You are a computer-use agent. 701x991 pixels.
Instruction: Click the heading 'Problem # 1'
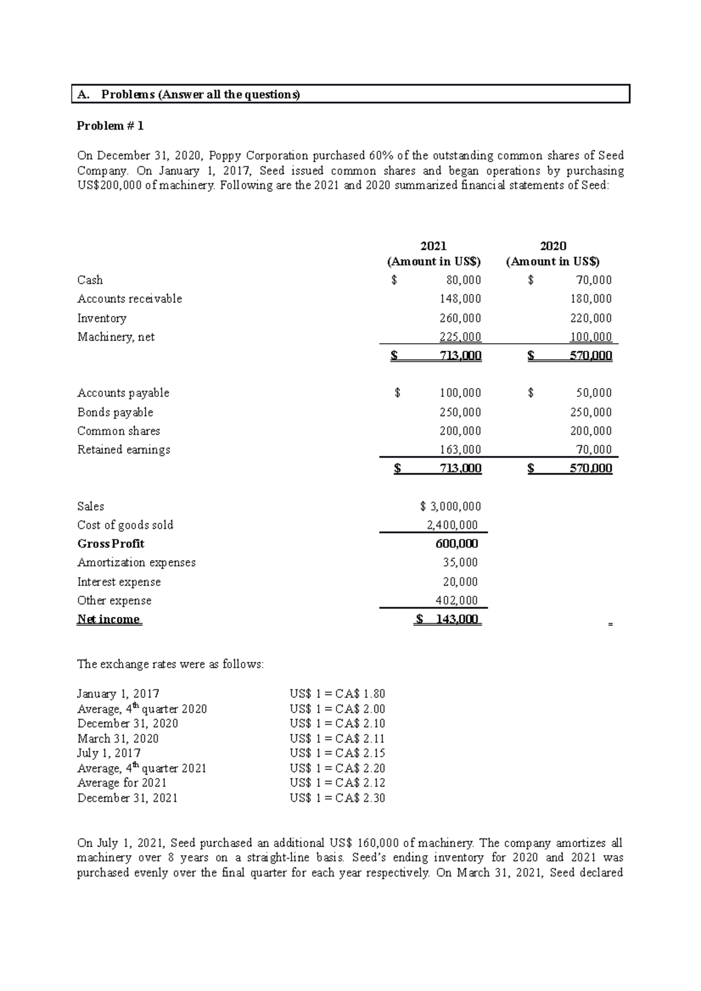click(110, 126)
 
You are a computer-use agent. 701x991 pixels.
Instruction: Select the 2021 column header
click(433, 246)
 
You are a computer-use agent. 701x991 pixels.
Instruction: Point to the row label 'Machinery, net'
click(116, 337)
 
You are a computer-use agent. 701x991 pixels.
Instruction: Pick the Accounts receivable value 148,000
click(460, 299)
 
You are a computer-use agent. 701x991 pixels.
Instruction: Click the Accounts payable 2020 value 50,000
click(594, 393)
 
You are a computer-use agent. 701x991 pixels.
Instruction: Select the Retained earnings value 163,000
click(460, 449)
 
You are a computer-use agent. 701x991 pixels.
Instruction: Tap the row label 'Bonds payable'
click(115, 412)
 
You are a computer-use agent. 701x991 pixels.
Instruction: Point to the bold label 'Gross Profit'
click(110, 543)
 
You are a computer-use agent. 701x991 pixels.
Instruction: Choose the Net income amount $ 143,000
click(447, 619)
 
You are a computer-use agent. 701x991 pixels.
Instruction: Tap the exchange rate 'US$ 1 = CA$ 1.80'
click(337, 694)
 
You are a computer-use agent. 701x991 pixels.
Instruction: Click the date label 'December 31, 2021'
click(127, 798)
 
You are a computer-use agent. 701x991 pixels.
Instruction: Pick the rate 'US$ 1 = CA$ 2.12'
click(337, 783)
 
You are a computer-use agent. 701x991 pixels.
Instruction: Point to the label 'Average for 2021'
click(122, 783)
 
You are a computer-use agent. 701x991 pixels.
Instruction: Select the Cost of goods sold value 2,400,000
click(452, 525)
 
